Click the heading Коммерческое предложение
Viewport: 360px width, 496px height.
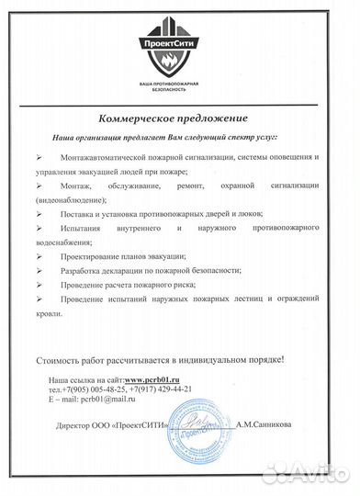click(x=179, y=119)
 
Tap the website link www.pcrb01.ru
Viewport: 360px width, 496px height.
click(x=152, y=379)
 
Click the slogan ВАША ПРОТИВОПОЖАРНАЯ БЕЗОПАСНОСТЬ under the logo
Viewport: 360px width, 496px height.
click(x=181, y=86)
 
